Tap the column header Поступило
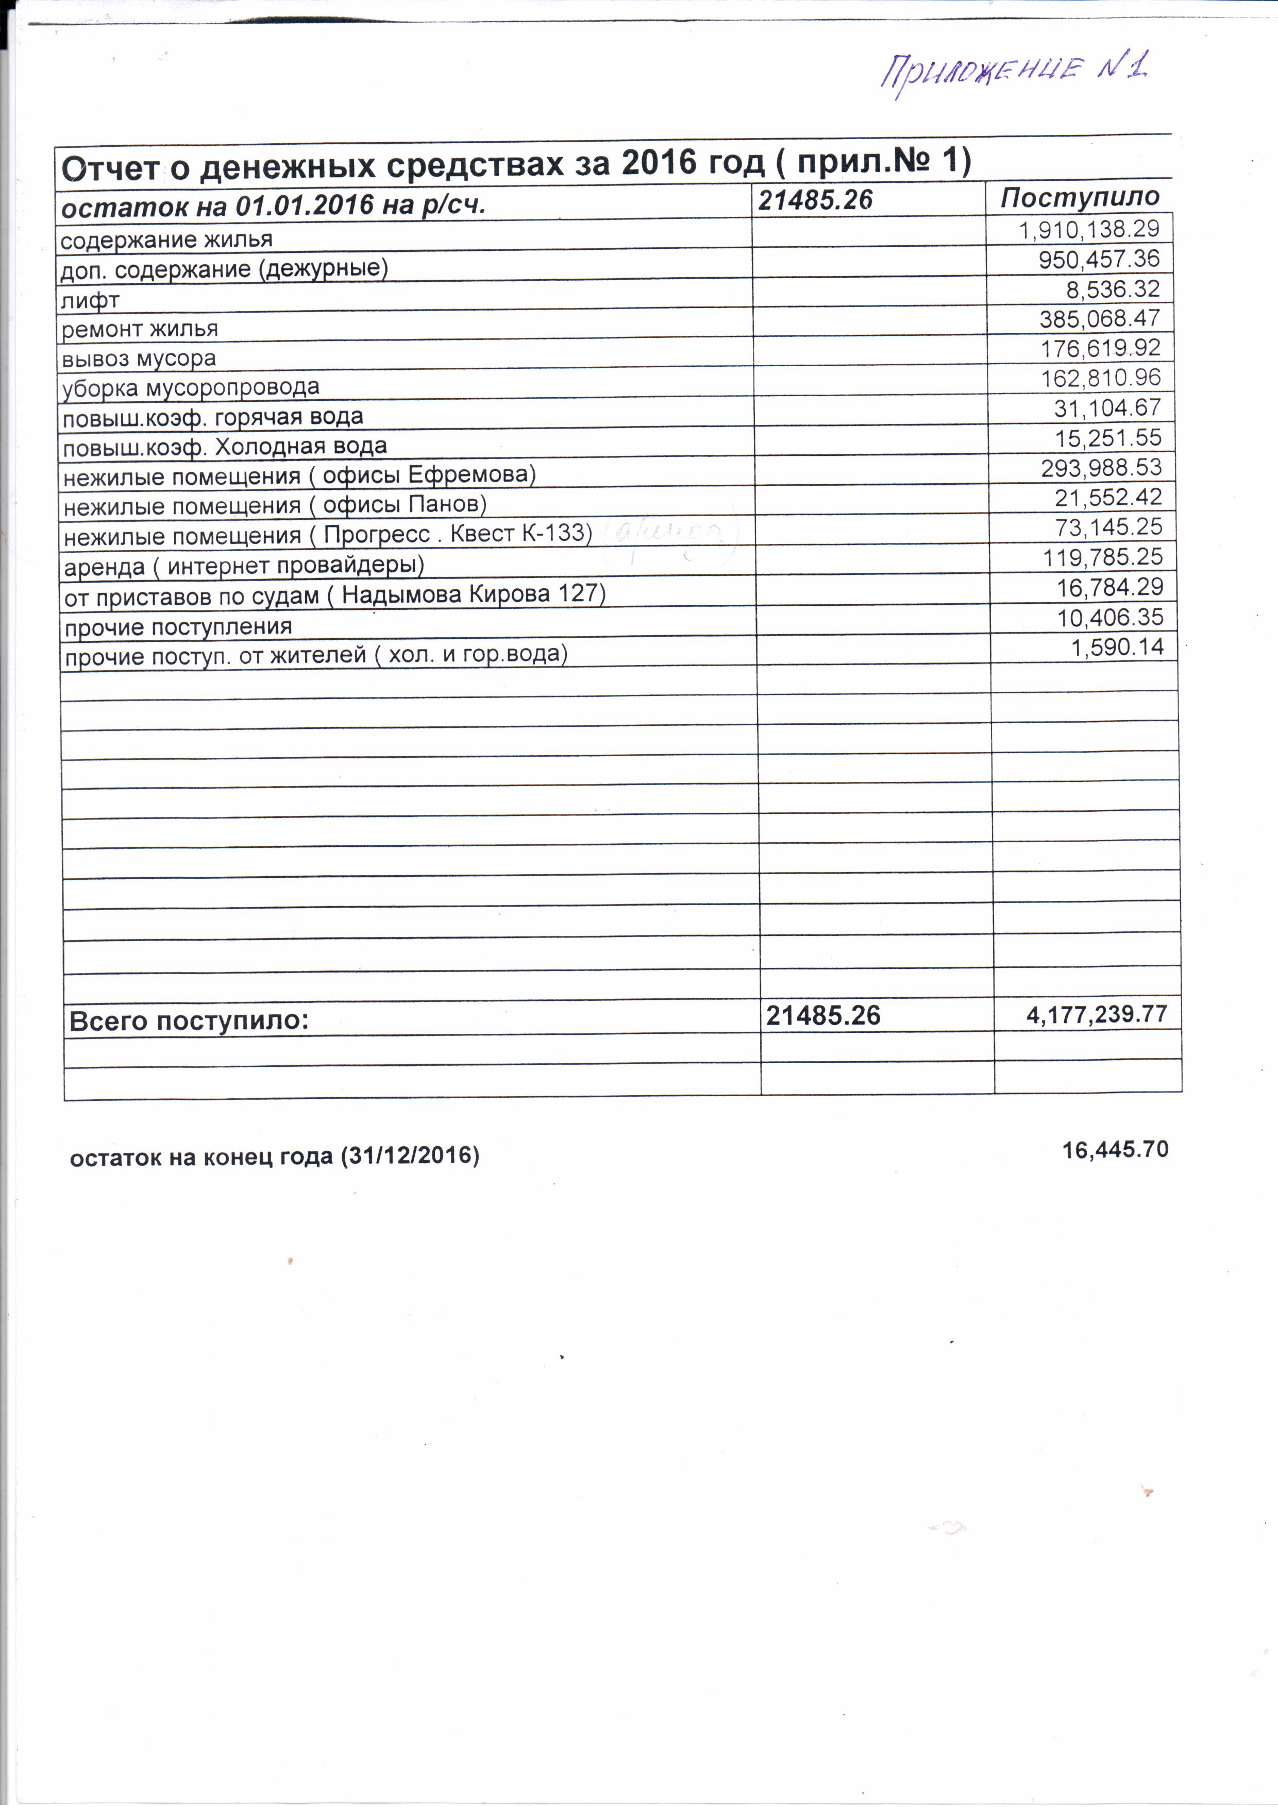[1080, 197]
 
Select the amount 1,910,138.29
[1089, 229]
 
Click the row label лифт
[90, 300]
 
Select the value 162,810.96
[1101, 378]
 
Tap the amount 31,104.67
[1107, 407]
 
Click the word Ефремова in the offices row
[468, 474]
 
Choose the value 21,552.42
[1108, 497]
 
